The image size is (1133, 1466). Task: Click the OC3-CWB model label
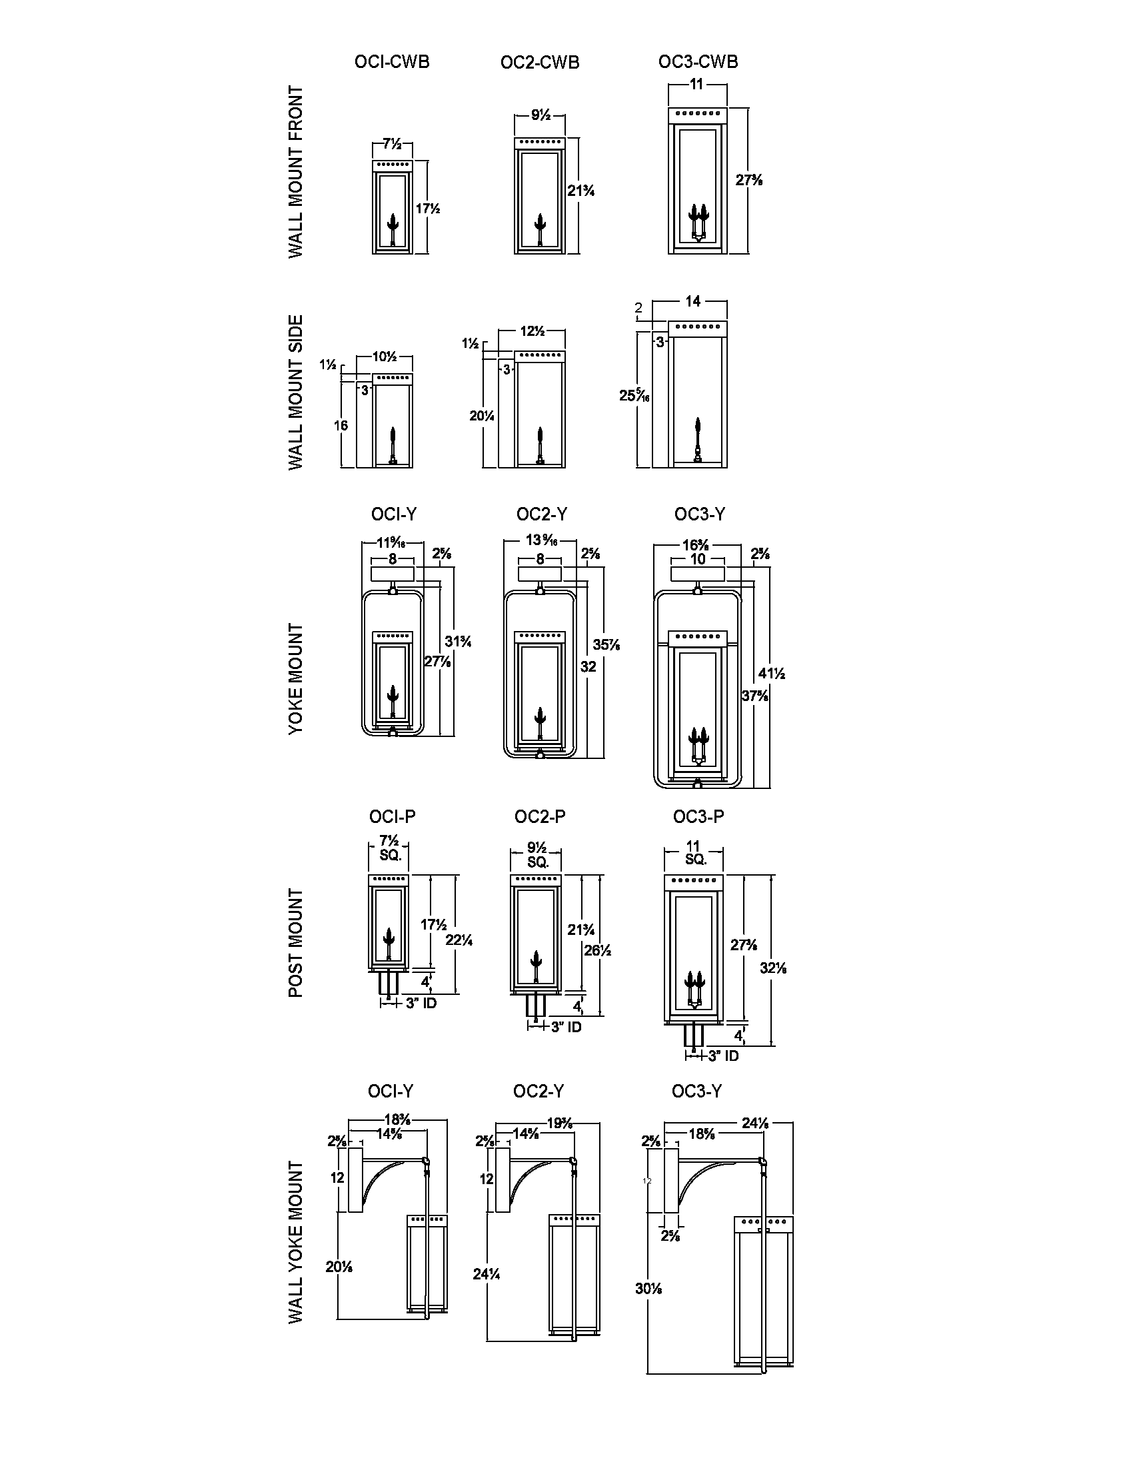pyautogui.click(x=698, y=62)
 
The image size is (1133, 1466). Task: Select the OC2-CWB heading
pyautogui.click(x=540, y=63)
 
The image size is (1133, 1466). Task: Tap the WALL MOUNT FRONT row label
pyautogui.click(x=296, y=172)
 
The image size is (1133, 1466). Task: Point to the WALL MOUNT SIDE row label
pyautogui.click(x=296, y=392)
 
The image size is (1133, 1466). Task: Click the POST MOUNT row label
pyautogui.click(x=296, y=943)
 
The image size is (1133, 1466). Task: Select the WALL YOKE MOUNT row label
pyautogui.click(x=296, y=1243)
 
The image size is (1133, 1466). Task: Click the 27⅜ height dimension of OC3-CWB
pyautogui.click(x=748, y=180)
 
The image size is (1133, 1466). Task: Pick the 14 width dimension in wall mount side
pyautogui.click(x=692, y=301)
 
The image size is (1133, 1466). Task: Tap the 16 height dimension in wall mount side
pyautogui.click(x=341, y=425)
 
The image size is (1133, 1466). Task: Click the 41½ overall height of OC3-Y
pyautogui.click(x=771, y=673)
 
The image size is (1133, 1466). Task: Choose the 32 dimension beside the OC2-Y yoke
pyautogui.click(x=588, y=666)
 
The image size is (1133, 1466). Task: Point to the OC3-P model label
pyautogui.click(x=698, y=816)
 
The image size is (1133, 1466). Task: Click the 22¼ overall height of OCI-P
pyautogui.click(x=459, y=940)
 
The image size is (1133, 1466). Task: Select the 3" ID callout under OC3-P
pyautogui.click(x=723, y=1056)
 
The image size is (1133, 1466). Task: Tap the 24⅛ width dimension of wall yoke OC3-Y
pyautogui.click(x=754, y=1123)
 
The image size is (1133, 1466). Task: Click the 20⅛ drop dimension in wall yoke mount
pyautogui.click(x=339, y=1267)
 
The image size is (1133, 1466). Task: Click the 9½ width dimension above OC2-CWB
pyautogui.click(x=541, y=115)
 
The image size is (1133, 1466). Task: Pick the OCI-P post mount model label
pyautogui.click(x=392, y=816)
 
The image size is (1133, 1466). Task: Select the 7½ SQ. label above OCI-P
pyautogui.click(x=390, y=848)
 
